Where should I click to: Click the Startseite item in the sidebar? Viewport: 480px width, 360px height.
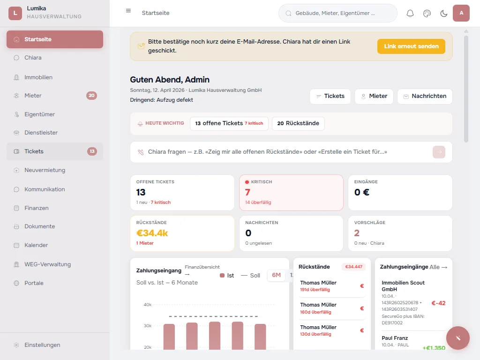coord(54,39)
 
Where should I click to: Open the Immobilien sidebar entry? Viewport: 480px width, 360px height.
coord(38,77)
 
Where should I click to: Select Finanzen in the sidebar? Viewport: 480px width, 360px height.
coord(37,208)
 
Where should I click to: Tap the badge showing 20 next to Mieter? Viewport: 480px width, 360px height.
coord(91,96)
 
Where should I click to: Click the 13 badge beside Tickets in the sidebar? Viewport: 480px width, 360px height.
coord(92,151)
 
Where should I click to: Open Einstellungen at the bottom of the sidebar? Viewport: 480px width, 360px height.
coord(42,345)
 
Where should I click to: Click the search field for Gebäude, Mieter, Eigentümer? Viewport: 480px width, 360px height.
coord(337,14)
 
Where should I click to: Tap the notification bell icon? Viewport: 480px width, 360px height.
coord(410,14)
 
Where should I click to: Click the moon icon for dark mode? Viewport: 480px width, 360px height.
coord(443,14)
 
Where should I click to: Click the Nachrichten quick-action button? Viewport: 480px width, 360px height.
coord(425,96)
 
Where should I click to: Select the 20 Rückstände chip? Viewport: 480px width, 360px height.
coord(298,123)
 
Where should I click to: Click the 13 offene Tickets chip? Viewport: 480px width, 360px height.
coord(229,123)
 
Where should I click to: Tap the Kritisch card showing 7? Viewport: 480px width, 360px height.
coord(291,192)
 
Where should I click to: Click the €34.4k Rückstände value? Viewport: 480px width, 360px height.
coord(152,233)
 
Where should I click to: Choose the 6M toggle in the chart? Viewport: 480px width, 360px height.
coord(276,275)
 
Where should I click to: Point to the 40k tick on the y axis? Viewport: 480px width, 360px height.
coord(147,305)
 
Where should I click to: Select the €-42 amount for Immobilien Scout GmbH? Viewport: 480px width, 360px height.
coord(438,303)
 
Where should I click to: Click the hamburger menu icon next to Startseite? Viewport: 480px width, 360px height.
coord(128,11)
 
